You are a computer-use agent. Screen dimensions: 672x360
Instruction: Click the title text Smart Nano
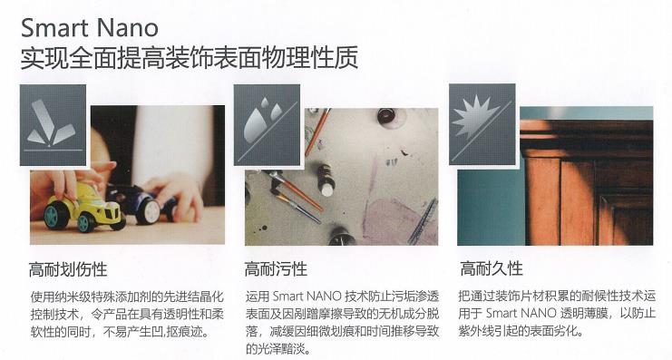[90, 28]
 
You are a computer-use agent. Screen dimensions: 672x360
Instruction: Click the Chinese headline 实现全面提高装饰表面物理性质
[190, 58]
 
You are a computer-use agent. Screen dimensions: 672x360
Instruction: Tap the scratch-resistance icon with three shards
[54, 125]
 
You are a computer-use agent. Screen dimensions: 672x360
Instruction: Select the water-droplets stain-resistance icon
[267, 125]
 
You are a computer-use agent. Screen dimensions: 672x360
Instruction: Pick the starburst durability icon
[482, 124]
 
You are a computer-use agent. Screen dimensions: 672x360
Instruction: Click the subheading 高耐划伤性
[68, 269]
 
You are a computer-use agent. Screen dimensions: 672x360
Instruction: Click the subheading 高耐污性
[276, 269]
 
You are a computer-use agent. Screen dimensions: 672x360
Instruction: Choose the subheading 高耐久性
[492, 268]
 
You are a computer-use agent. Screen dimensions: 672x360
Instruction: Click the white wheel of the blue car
[148, 211]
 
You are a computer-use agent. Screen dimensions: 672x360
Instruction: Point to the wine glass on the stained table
[387, 117]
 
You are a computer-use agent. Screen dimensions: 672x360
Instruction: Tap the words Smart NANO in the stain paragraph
[307, 297]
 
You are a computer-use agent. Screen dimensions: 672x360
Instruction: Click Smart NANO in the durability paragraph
[521, 313]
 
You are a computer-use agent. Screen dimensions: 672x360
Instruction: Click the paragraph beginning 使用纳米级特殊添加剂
[127, 314]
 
